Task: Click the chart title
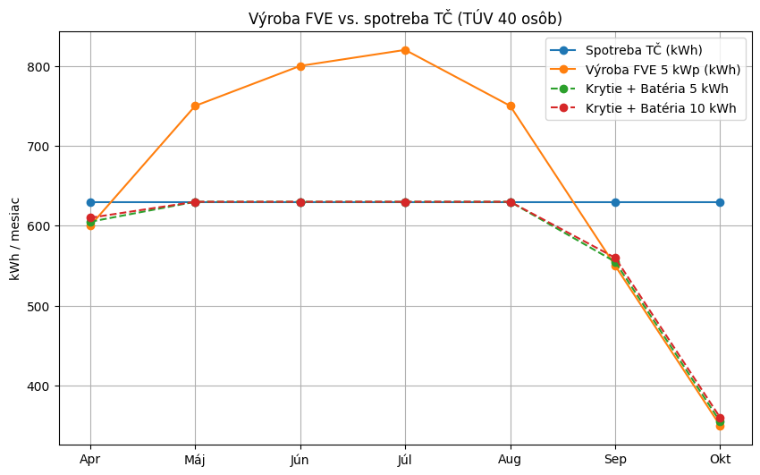(x=405, y=18)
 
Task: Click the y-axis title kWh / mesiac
(x=16, y=237)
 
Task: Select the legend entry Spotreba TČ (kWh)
(x=644, y=49)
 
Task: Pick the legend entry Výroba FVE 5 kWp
(x=663, y=69)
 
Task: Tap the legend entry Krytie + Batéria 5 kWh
(x=656, y=89)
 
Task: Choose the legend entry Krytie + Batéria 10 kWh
(x=660, y=108)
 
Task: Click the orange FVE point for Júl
(x=405, y=50)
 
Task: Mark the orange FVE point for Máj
(x=195, y=106)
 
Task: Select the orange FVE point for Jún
(x=300, y=66)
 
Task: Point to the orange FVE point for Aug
(x=511, y=106)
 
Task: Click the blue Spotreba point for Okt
(x=720, y=202)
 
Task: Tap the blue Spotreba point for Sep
(x=615, y=202)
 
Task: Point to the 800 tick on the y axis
(x=42, y=66)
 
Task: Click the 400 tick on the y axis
(x=42, y=386)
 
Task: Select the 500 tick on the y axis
(x=42, y=306)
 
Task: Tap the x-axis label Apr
(x=90, y=460)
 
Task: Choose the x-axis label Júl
(x=405, y=460)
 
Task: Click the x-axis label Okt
(x=720, y=460)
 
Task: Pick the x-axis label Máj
(x=195, y=460)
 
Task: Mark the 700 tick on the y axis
(x=42, y=147)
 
